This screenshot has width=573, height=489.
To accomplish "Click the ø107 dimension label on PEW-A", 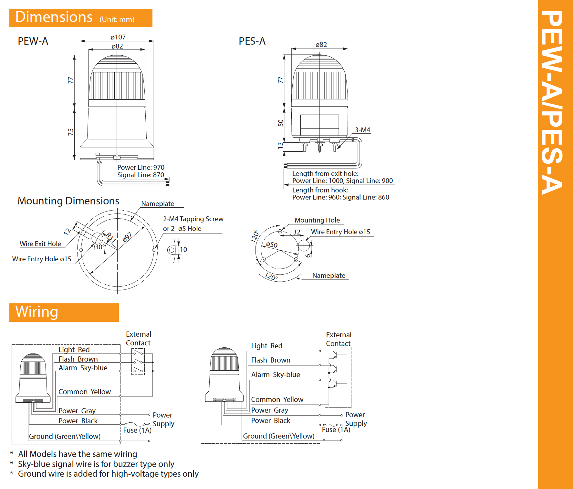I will click(118, 37).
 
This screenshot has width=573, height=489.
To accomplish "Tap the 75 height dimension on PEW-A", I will click(71, 132).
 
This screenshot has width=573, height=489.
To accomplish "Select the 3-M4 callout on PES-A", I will click(362, 130).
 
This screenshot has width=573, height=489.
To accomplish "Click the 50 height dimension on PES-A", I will click(280, 123).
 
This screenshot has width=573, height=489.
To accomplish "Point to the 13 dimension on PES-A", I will click(280, 146).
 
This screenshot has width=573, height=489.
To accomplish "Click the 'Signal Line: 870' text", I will click(141, 175).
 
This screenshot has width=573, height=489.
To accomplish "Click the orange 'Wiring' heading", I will click(37, 312).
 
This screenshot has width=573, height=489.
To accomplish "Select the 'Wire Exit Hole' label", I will click(40, 244).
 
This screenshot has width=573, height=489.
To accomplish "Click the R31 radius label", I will click(111, 238).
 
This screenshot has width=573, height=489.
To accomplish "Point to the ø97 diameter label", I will click(127, 237).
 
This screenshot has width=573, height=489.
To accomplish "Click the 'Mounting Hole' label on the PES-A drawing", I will click(317, 220).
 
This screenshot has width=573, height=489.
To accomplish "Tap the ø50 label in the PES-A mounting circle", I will click(272, 245).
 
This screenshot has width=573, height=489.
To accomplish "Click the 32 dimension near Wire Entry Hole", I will click(297, 232).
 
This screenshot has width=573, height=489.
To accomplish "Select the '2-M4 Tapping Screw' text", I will click(193, 219).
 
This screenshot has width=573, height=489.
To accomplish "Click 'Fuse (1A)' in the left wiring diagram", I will click(137, 430).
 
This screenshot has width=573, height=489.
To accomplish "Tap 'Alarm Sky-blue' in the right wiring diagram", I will click(276, 375).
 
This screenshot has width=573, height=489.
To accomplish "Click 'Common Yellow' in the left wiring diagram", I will click(84, 392).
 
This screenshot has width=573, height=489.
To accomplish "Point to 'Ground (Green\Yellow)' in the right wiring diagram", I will click(278, 436).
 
